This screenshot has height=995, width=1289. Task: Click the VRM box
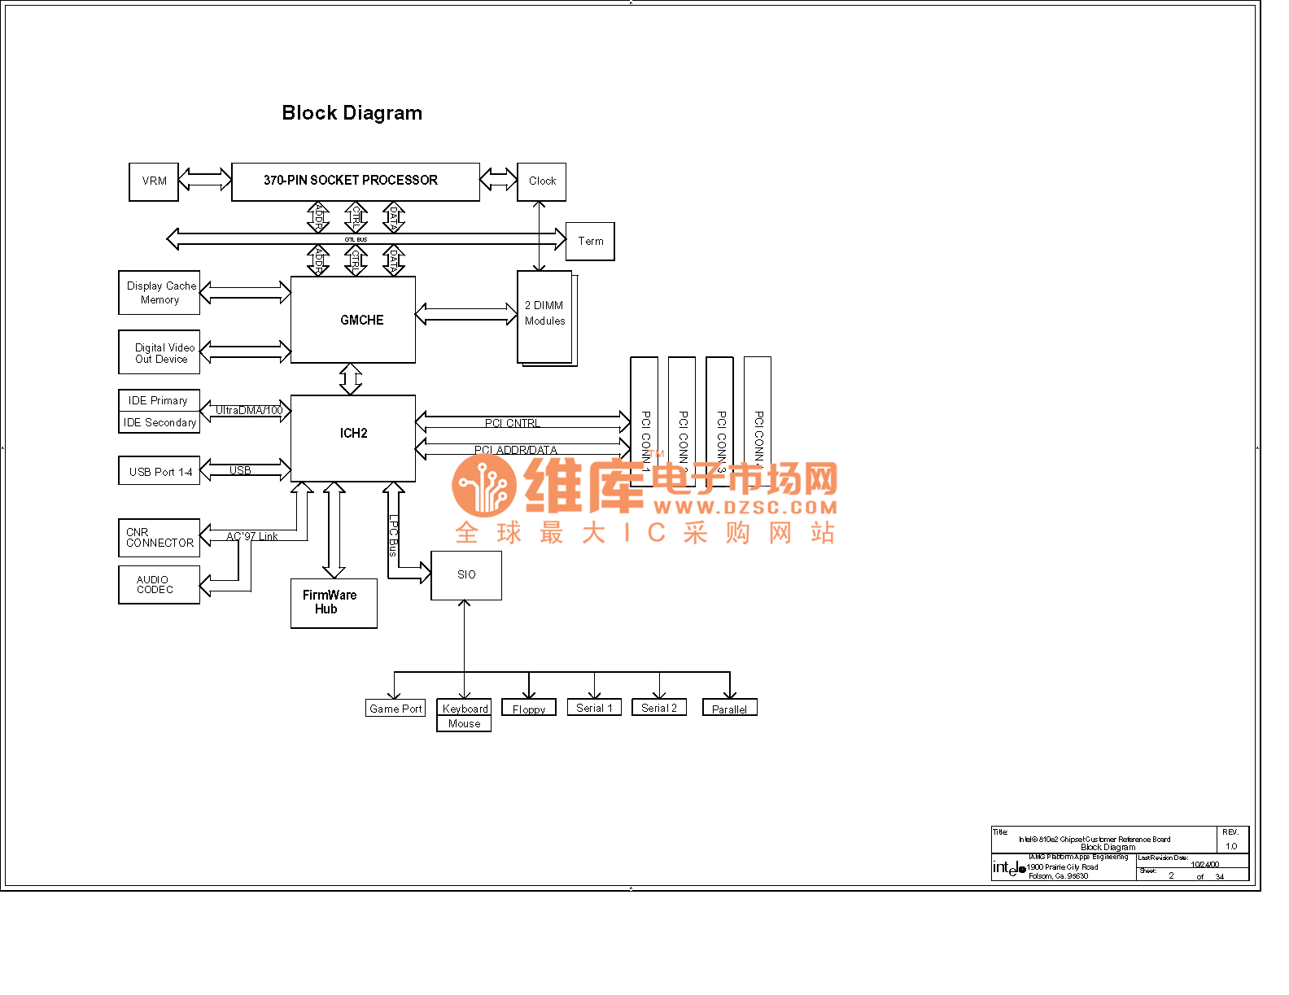pos(154,181)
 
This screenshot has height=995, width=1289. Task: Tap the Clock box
pos(541,181)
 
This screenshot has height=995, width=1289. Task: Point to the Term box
pos(590,242)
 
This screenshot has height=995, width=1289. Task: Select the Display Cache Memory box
pos(159,293)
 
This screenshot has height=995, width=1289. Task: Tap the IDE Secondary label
pos(159,423)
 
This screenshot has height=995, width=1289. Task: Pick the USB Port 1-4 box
pos(159,471)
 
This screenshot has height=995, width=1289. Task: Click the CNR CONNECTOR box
pos(159,538)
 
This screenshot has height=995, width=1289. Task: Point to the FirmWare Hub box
pos(334,603)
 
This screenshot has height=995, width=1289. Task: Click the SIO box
pos(466,575)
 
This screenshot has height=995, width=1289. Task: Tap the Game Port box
pos(395,709)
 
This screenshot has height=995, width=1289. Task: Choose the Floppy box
pos(529,708)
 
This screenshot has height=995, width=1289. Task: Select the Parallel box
pos(730,708)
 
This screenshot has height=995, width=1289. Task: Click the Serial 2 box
pos(659,708)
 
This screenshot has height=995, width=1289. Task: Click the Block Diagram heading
pos(352,113)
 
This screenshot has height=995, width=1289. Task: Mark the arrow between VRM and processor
pos(205,179)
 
